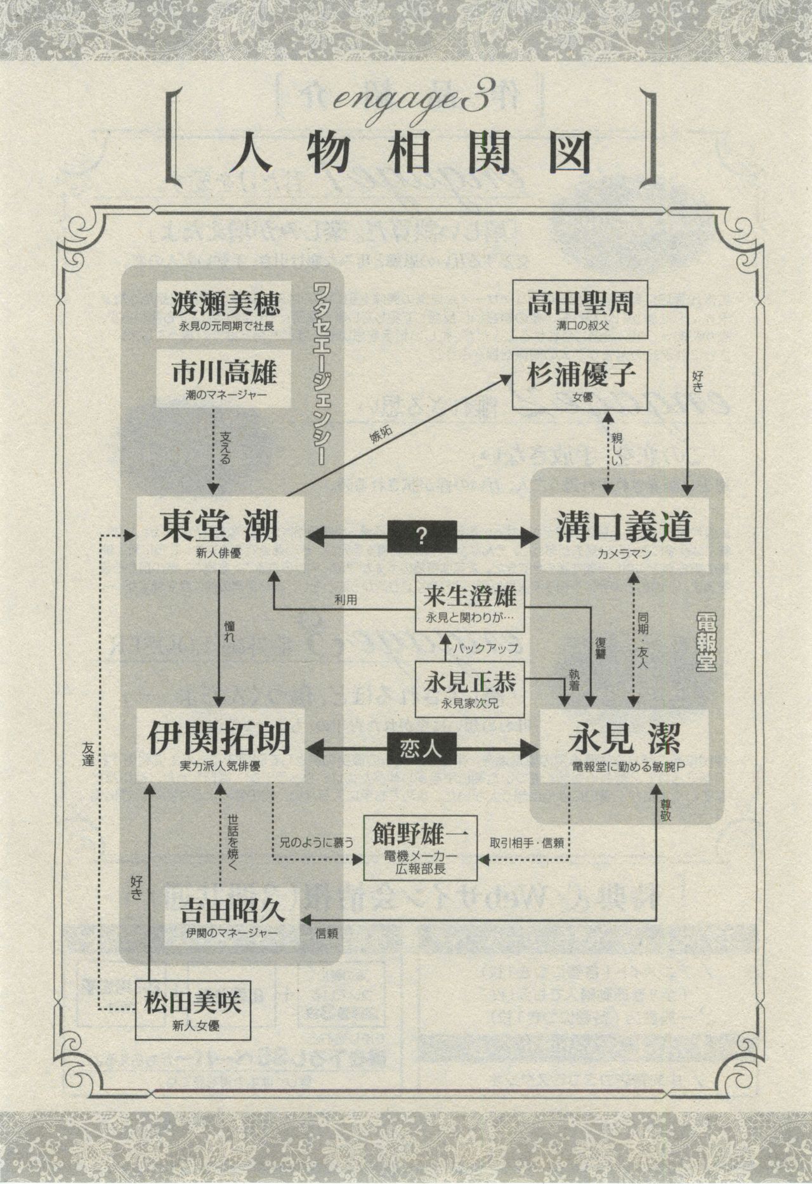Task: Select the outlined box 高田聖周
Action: point(580,309)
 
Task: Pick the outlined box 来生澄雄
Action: point(470,604)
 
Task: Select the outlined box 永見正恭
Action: point(470,688)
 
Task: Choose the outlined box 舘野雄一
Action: point(420,846)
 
